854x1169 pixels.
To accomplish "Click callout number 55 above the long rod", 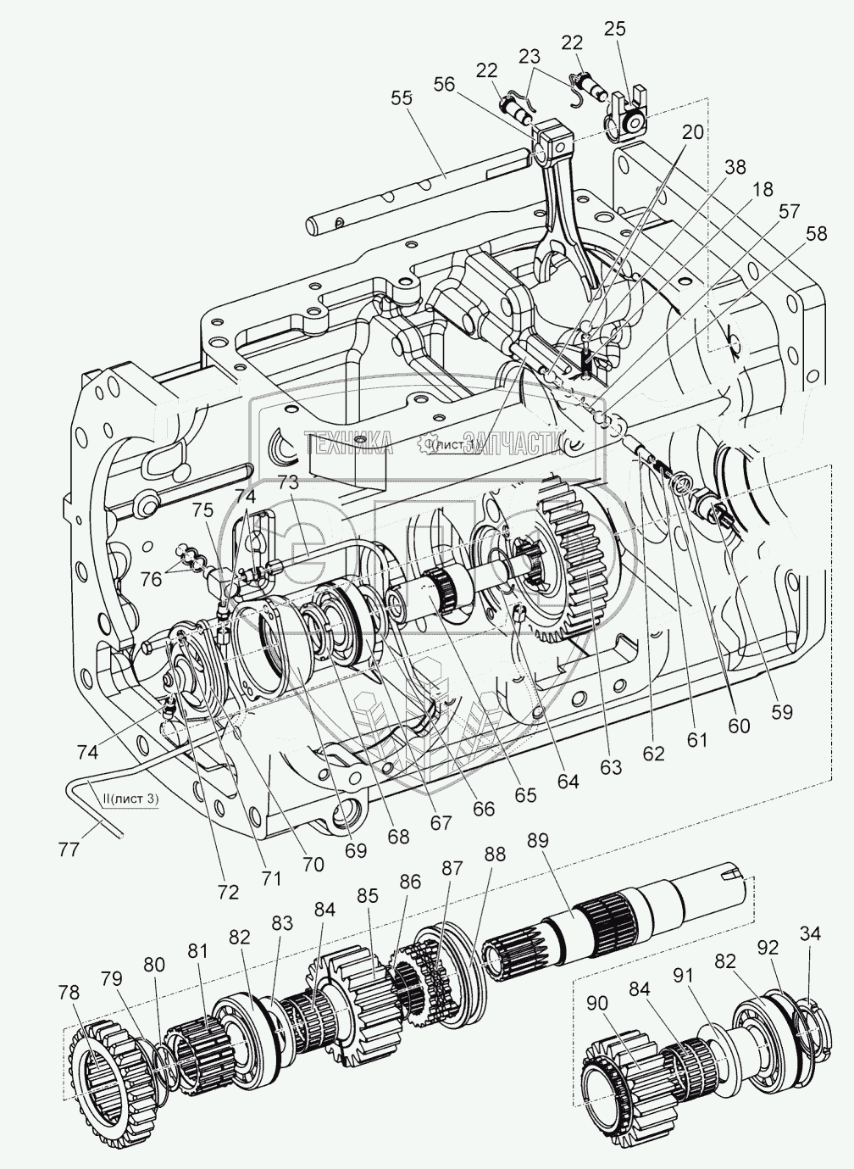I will tap(402, 97).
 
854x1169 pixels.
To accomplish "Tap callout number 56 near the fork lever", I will tap(445, 83).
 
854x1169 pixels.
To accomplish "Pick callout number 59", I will tap(781, 712).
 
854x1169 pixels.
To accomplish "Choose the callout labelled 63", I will tap(611, 767).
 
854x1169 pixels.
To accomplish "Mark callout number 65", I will tap(525, 795).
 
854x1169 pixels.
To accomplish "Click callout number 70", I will tap(313, 866).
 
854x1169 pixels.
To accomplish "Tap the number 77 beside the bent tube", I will tap(80, 849).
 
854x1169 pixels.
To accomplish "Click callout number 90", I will tap(598, 1003).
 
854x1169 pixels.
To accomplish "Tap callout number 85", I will tap(368, 893).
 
